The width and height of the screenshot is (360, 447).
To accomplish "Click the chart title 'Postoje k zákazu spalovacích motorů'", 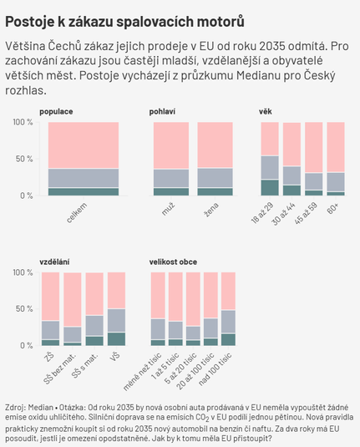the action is click(x=124, y=22).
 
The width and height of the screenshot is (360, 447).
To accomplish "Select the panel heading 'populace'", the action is click(x=56, y=112).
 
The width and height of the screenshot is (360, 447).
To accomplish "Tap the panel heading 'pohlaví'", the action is click(x=162, y=112).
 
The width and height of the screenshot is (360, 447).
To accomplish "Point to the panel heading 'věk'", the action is click(x=265, y=111).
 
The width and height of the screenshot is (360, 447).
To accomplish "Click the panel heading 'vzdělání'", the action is click(x=54, y=262).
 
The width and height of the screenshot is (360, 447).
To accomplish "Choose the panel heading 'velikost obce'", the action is click(x=173, y=262).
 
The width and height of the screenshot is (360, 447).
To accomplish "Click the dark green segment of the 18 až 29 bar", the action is click(x=270, y=188).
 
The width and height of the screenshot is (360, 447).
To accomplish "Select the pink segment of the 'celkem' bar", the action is click(x=84, y=145).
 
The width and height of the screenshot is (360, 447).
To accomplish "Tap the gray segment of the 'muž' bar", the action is click(x=171, y=179).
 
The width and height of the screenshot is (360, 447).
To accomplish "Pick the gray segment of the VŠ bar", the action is click(x=116, y=321).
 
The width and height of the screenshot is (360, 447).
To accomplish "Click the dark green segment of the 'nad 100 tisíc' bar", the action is click(x=228, y=339).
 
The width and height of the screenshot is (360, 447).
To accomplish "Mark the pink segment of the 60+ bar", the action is click(x=336, y=147).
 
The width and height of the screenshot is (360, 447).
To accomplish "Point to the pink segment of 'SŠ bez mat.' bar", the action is click(x=73, y=299).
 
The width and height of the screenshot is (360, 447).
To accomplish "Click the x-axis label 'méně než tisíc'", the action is click(x=142, y=372).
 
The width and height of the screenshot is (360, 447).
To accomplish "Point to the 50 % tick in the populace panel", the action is click(x=24, y=159).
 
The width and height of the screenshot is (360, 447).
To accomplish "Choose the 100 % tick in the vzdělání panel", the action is click(x=23, y=272).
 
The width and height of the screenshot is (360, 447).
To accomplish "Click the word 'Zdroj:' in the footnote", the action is click(x=15, y=408).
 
